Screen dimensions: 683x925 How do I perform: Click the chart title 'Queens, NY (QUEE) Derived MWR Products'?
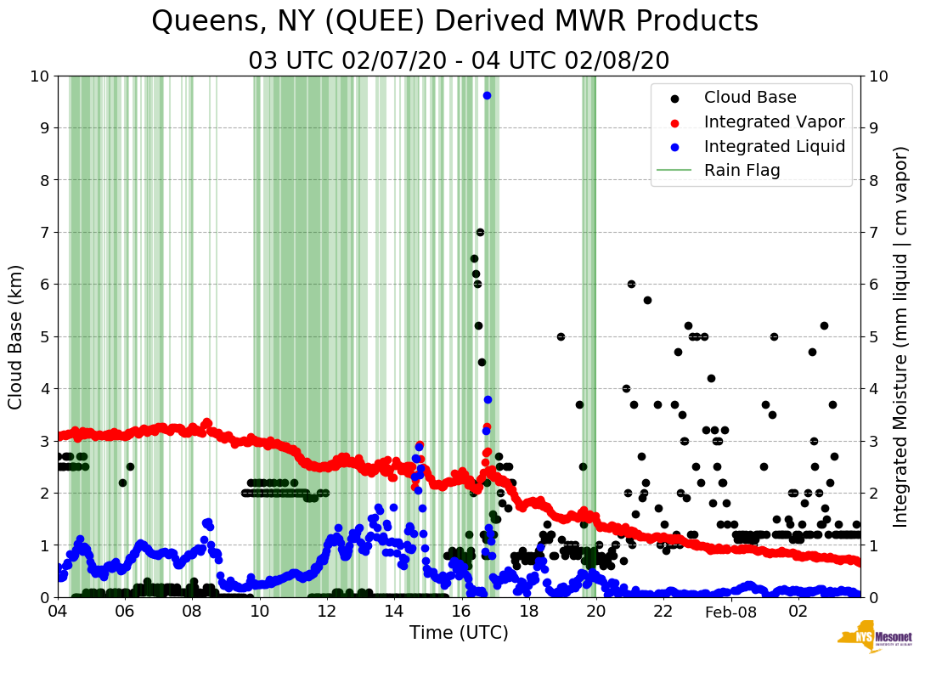click(x=454, y=22)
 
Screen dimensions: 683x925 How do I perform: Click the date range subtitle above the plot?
click(x=459, y=61)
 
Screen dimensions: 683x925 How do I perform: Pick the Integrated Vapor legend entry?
click(x=774, y=121)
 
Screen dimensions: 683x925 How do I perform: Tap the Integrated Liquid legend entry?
click(x=774, y=146)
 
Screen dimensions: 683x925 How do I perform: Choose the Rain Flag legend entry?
click(x=742, y=170)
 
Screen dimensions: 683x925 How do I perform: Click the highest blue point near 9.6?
click(x=487, y=95)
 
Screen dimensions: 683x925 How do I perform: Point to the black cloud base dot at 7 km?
click(x=480, y=232)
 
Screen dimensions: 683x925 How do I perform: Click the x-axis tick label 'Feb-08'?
click(x=730, y=612)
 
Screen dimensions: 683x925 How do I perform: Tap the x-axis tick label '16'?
click(x=460, y=612)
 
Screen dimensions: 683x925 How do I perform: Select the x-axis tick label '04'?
click(x=58, y=612)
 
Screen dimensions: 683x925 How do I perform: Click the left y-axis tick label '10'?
click(x=38, y=76)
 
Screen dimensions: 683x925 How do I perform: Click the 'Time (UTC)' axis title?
click(x=459, y=633)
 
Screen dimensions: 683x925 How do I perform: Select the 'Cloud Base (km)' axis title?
click(x=15, y=336)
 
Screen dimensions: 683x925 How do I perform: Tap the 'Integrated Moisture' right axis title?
click(x=902, y=336)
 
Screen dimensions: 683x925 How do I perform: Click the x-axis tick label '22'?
click(x=663, y=612)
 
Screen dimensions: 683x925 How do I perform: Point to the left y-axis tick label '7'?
click(x=42, y=232)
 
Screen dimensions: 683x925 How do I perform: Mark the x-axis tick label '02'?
click(x=798, y=612)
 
